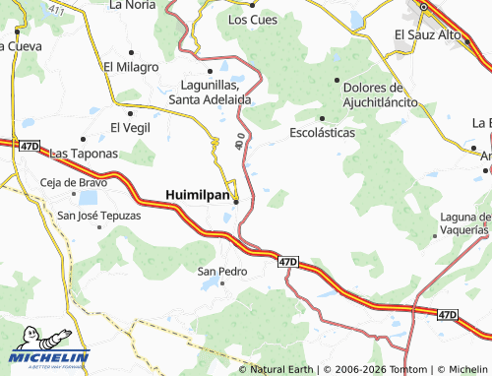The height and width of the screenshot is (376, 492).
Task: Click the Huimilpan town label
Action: (x=197, y=195)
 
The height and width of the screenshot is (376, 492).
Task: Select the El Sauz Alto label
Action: (x=428, y=34)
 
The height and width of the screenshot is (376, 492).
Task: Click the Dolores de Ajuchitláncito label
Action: (x=355, y=94)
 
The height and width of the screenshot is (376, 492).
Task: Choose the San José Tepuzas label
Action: (x=99, y=216)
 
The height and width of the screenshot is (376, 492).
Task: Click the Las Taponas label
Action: (x=84, y=154)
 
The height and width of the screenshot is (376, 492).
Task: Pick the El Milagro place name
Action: (x=131, y=67)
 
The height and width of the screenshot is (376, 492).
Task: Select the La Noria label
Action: (x=133, y=4)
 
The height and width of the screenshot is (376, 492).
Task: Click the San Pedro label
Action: (x=221, y=271)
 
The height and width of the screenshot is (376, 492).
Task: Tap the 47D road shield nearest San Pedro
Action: (x=286, y=262)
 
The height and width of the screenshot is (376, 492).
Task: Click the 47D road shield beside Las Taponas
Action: (x=29, y=147)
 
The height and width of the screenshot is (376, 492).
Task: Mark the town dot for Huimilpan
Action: (x=235, y=204)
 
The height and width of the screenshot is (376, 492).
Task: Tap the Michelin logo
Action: (x=48, y=357)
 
